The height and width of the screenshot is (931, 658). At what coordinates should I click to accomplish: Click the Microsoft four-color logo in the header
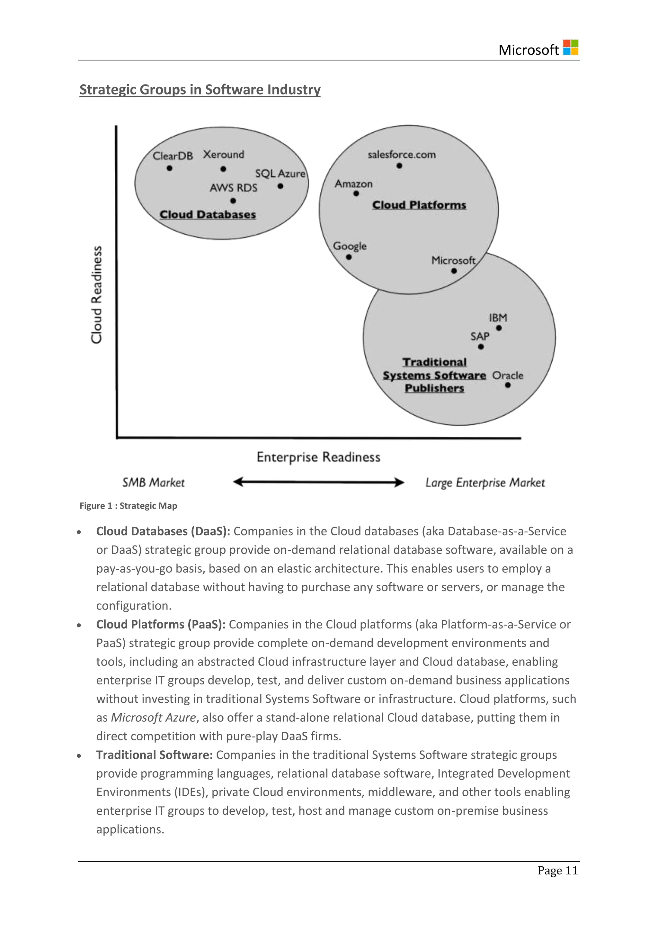click(571, 48)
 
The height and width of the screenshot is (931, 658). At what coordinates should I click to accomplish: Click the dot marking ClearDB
click(169, 168)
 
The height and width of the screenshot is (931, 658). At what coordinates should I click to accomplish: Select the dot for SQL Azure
click(280, 186)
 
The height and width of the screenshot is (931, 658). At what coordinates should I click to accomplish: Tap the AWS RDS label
click(233, 188)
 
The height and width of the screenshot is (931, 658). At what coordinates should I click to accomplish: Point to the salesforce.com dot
click(399, 166)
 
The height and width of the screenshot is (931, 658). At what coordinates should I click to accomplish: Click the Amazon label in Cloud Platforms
click(353, 184)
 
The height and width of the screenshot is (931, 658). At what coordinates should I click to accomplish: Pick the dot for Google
click(349, 257)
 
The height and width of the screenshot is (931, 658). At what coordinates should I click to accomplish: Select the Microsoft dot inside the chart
click(454, 271)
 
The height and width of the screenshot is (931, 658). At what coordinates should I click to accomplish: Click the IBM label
click(498, 318)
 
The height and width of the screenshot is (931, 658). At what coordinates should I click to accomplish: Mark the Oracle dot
click(508, 385)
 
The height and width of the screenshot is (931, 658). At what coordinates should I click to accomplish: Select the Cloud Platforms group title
click(419, 205)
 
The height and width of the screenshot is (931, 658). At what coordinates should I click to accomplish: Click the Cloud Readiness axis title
click(96, 295)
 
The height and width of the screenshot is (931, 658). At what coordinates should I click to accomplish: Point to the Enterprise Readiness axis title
click(318, 457)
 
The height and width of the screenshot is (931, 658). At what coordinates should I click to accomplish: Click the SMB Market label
click(154, 483)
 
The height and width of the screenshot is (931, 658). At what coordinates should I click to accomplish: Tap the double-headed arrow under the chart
click(318, 482)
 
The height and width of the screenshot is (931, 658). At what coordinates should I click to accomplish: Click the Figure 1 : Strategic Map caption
click(128, 506)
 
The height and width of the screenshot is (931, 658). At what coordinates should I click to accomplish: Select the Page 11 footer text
click(557, 871)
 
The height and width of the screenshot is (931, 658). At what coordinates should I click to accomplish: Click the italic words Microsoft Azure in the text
click(154, 718)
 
